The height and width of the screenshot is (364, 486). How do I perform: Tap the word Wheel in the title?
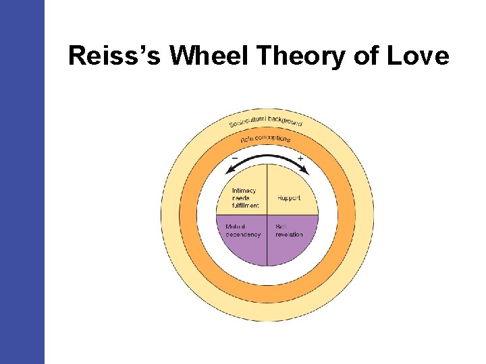(x=211, y=56)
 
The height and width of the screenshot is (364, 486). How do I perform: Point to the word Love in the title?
(x=418, y=56)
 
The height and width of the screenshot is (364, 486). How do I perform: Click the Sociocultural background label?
(x=266, y=121)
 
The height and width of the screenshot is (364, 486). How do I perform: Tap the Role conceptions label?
(x=266, y=140)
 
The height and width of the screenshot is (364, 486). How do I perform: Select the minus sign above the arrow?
(x=234, y=158)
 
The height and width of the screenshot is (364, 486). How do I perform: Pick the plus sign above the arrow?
(x=300, y=159)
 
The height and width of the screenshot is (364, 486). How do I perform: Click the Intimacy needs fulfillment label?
(x=244, y=198)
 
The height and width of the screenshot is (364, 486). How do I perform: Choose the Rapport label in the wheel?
(x=288, y=198)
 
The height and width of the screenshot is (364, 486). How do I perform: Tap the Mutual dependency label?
(x=242, y=231)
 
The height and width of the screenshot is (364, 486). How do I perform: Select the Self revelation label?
(x=289, y=231)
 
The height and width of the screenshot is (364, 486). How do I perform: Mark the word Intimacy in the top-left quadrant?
(x=244, y=190)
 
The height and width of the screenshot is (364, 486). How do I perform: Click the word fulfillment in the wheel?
(x=245, y=206)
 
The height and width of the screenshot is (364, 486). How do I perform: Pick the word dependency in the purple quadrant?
(x=243, y=235)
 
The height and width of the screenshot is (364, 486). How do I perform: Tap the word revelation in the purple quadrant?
(x=289, y=235)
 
